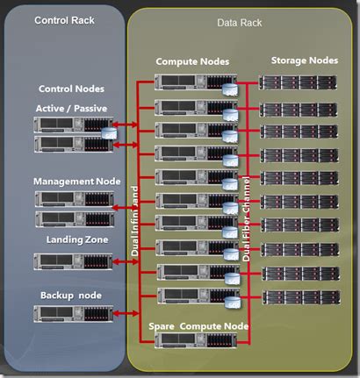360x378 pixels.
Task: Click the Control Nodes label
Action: pyautogui.click(x=72, y=89)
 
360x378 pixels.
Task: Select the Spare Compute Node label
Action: pyautogui.click(x=198, y=325)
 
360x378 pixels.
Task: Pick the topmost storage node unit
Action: pyautogui.click(x=299, y=82)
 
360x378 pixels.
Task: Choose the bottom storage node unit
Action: pyautogui.click(x=299, y=296)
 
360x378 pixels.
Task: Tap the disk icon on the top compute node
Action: pyautogui.click(x=229, y=90)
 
